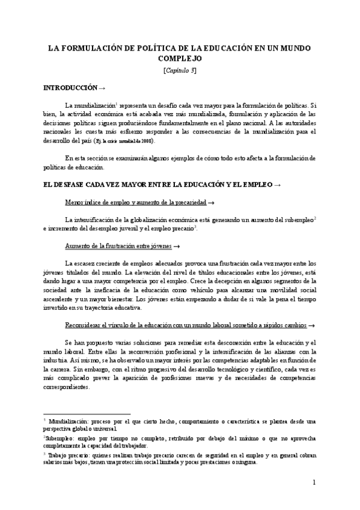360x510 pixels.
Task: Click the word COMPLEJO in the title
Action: (180, 58)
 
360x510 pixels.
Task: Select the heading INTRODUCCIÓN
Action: (70, 87)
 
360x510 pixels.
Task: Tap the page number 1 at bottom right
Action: (314, 482)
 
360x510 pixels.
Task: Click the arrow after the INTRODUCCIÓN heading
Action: (102, 87)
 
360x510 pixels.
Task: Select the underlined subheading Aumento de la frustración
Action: (117, 247)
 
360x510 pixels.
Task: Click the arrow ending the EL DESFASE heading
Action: (276, 183)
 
